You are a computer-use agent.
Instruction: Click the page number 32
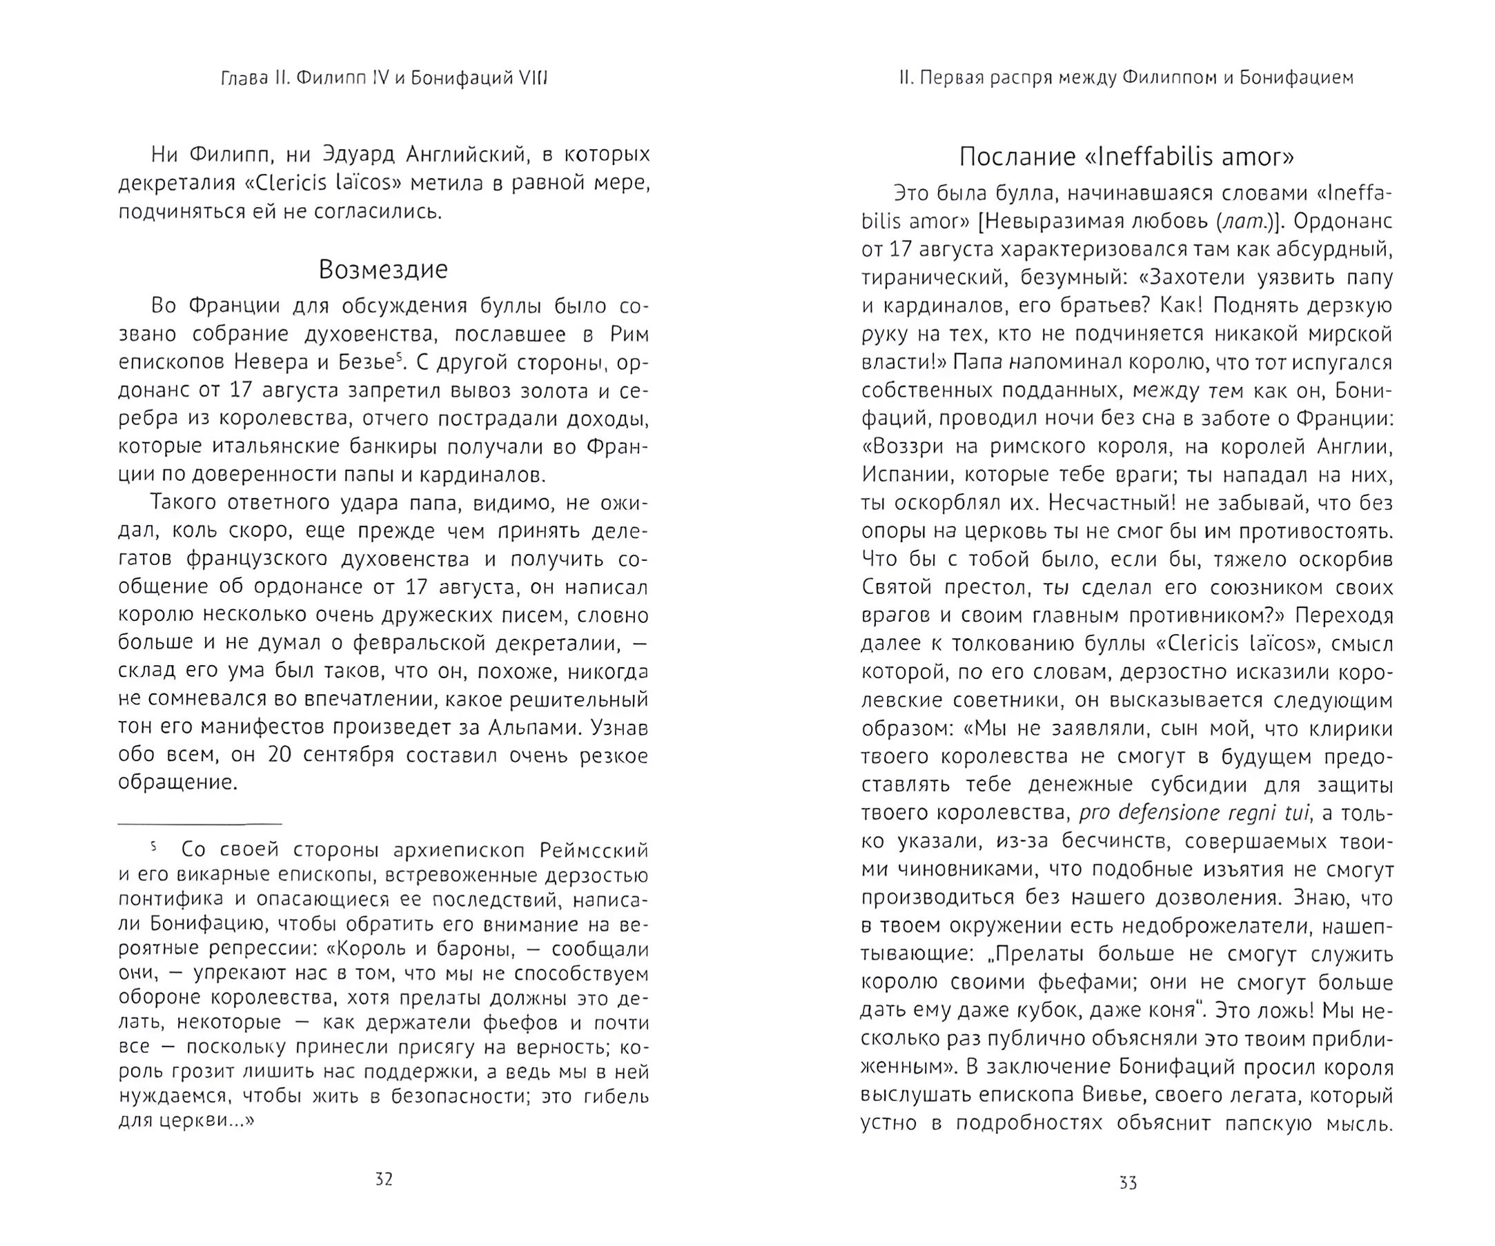(x=384, y=1179)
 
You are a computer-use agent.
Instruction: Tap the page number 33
(x=1128, y=1183)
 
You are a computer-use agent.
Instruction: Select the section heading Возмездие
(x=383, y=269)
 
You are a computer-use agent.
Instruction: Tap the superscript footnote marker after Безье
(x=400, y=357)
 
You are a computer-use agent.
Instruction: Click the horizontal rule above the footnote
(x=200, y=824)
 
